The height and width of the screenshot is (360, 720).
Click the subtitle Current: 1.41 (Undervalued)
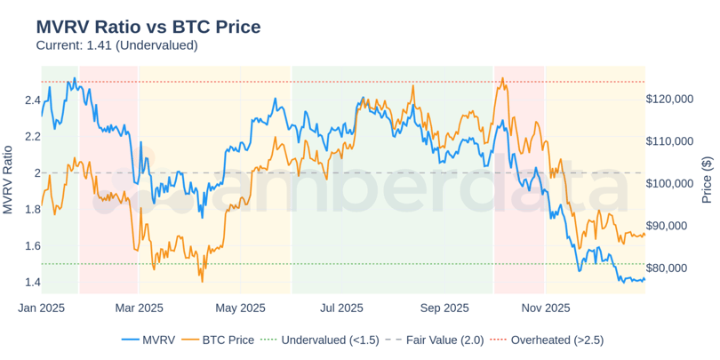[x=116, y=44]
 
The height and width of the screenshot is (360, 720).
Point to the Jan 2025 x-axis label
[x=41, y=308]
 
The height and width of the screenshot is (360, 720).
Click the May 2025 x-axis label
[x=241, y=308]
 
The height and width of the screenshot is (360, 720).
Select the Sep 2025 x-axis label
[x=444, y=308]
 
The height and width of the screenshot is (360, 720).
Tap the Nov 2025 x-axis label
[x=545, y=308]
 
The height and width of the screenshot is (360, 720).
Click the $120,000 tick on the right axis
[x=669, y=100]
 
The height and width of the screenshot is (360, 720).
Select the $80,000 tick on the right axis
[x=669, y=268]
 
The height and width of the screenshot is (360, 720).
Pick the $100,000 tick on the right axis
[x=669, y=184]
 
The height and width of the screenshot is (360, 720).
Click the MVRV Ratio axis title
[x=9, y=180]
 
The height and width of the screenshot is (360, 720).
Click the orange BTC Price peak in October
[x=503, y=78]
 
